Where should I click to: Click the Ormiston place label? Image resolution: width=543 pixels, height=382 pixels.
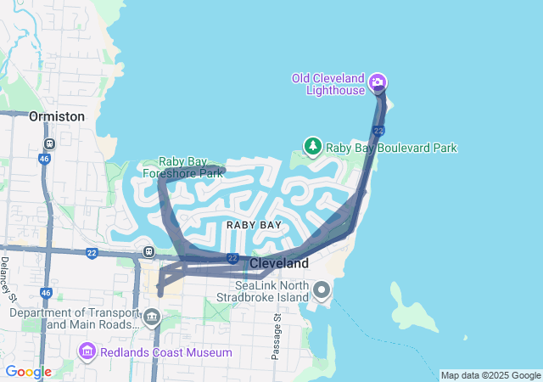56,116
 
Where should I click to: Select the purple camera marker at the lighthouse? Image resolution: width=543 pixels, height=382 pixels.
378,83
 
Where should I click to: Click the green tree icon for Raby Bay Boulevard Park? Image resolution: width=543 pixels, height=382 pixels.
313,147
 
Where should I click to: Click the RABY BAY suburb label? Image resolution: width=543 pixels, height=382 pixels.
254,225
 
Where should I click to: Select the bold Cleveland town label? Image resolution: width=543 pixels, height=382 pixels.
279,264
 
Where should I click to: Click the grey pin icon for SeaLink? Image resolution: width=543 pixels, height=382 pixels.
322,291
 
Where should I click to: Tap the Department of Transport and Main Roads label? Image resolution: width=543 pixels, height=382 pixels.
74,318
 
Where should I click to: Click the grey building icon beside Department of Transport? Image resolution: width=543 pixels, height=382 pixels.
152,318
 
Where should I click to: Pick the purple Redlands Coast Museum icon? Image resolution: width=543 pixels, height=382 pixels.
87,351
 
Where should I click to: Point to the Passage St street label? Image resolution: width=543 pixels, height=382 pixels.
276,337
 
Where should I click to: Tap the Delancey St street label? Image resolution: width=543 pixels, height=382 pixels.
8,276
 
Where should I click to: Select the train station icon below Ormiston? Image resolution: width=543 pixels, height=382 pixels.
50,144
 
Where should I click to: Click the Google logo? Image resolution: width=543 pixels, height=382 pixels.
28,372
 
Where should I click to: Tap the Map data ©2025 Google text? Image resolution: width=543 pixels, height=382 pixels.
490,375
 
